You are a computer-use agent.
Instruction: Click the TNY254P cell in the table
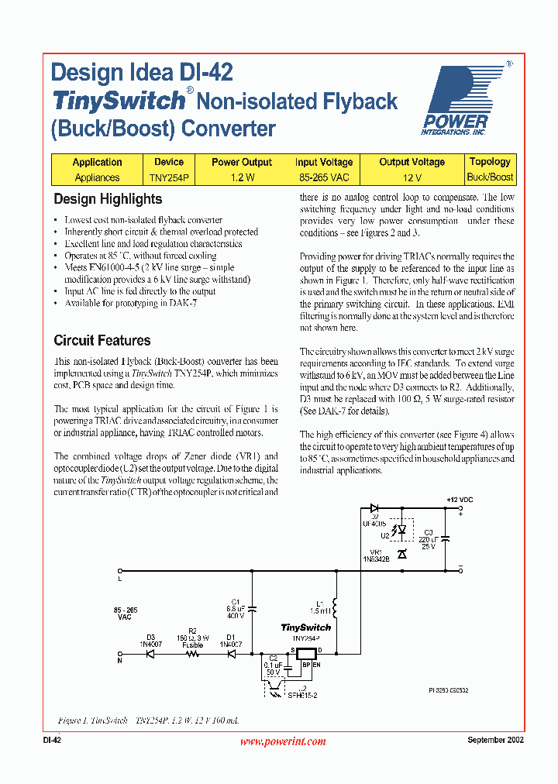[168, 177]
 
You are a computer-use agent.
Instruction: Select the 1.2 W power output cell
[241, 177]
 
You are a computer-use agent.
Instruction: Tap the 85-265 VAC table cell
[323, 177]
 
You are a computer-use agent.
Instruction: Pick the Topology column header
[490, 162]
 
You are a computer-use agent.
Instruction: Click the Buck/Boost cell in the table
[490, 177]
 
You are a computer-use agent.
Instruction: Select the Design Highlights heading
[108, 199]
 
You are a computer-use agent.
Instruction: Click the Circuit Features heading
[102, 340]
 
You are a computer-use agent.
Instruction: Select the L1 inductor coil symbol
[335, 604]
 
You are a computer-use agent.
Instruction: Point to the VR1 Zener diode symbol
[401, 554]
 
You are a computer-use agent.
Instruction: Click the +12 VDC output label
[458, 500]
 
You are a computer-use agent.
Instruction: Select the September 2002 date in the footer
[495, 741]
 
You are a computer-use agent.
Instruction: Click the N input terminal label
[119, 661]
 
